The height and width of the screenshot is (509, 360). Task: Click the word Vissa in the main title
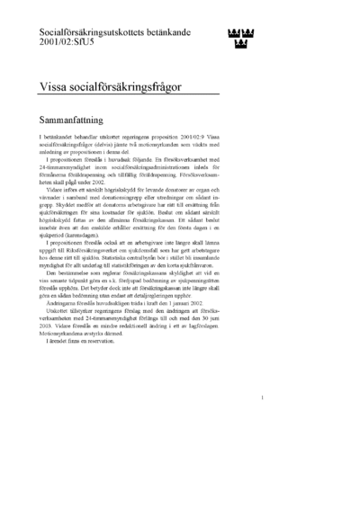[56, 86]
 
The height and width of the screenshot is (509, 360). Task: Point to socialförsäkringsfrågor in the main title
[134, 86]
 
